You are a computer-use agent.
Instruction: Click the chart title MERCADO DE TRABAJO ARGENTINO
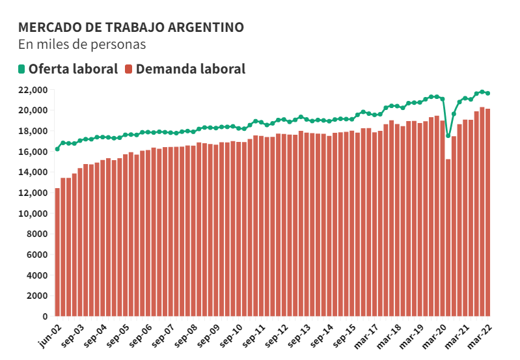(131, 27)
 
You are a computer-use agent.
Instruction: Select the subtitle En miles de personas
(82, 45)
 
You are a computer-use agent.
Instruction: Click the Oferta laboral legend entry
(68, 68)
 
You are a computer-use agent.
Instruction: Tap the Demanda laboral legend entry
(185, 68)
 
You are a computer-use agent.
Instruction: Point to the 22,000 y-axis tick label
(33, 90)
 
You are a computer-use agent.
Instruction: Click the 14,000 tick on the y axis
(33, 173)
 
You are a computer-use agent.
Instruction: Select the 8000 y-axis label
(36, 234)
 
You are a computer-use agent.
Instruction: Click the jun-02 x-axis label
(50, 335)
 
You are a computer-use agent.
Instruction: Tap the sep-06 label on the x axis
(141, 335)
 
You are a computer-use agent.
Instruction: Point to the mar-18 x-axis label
(392, 335)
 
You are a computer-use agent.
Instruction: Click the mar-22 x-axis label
(482, 335)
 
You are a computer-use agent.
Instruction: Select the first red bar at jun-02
(57, 254)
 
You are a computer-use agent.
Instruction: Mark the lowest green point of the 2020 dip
(448, 136)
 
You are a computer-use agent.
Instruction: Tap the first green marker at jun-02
(57, 149)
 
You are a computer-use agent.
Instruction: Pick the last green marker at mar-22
(488, 93)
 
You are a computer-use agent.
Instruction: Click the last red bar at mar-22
(488, 215)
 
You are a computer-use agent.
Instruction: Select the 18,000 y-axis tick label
(33, 132)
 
